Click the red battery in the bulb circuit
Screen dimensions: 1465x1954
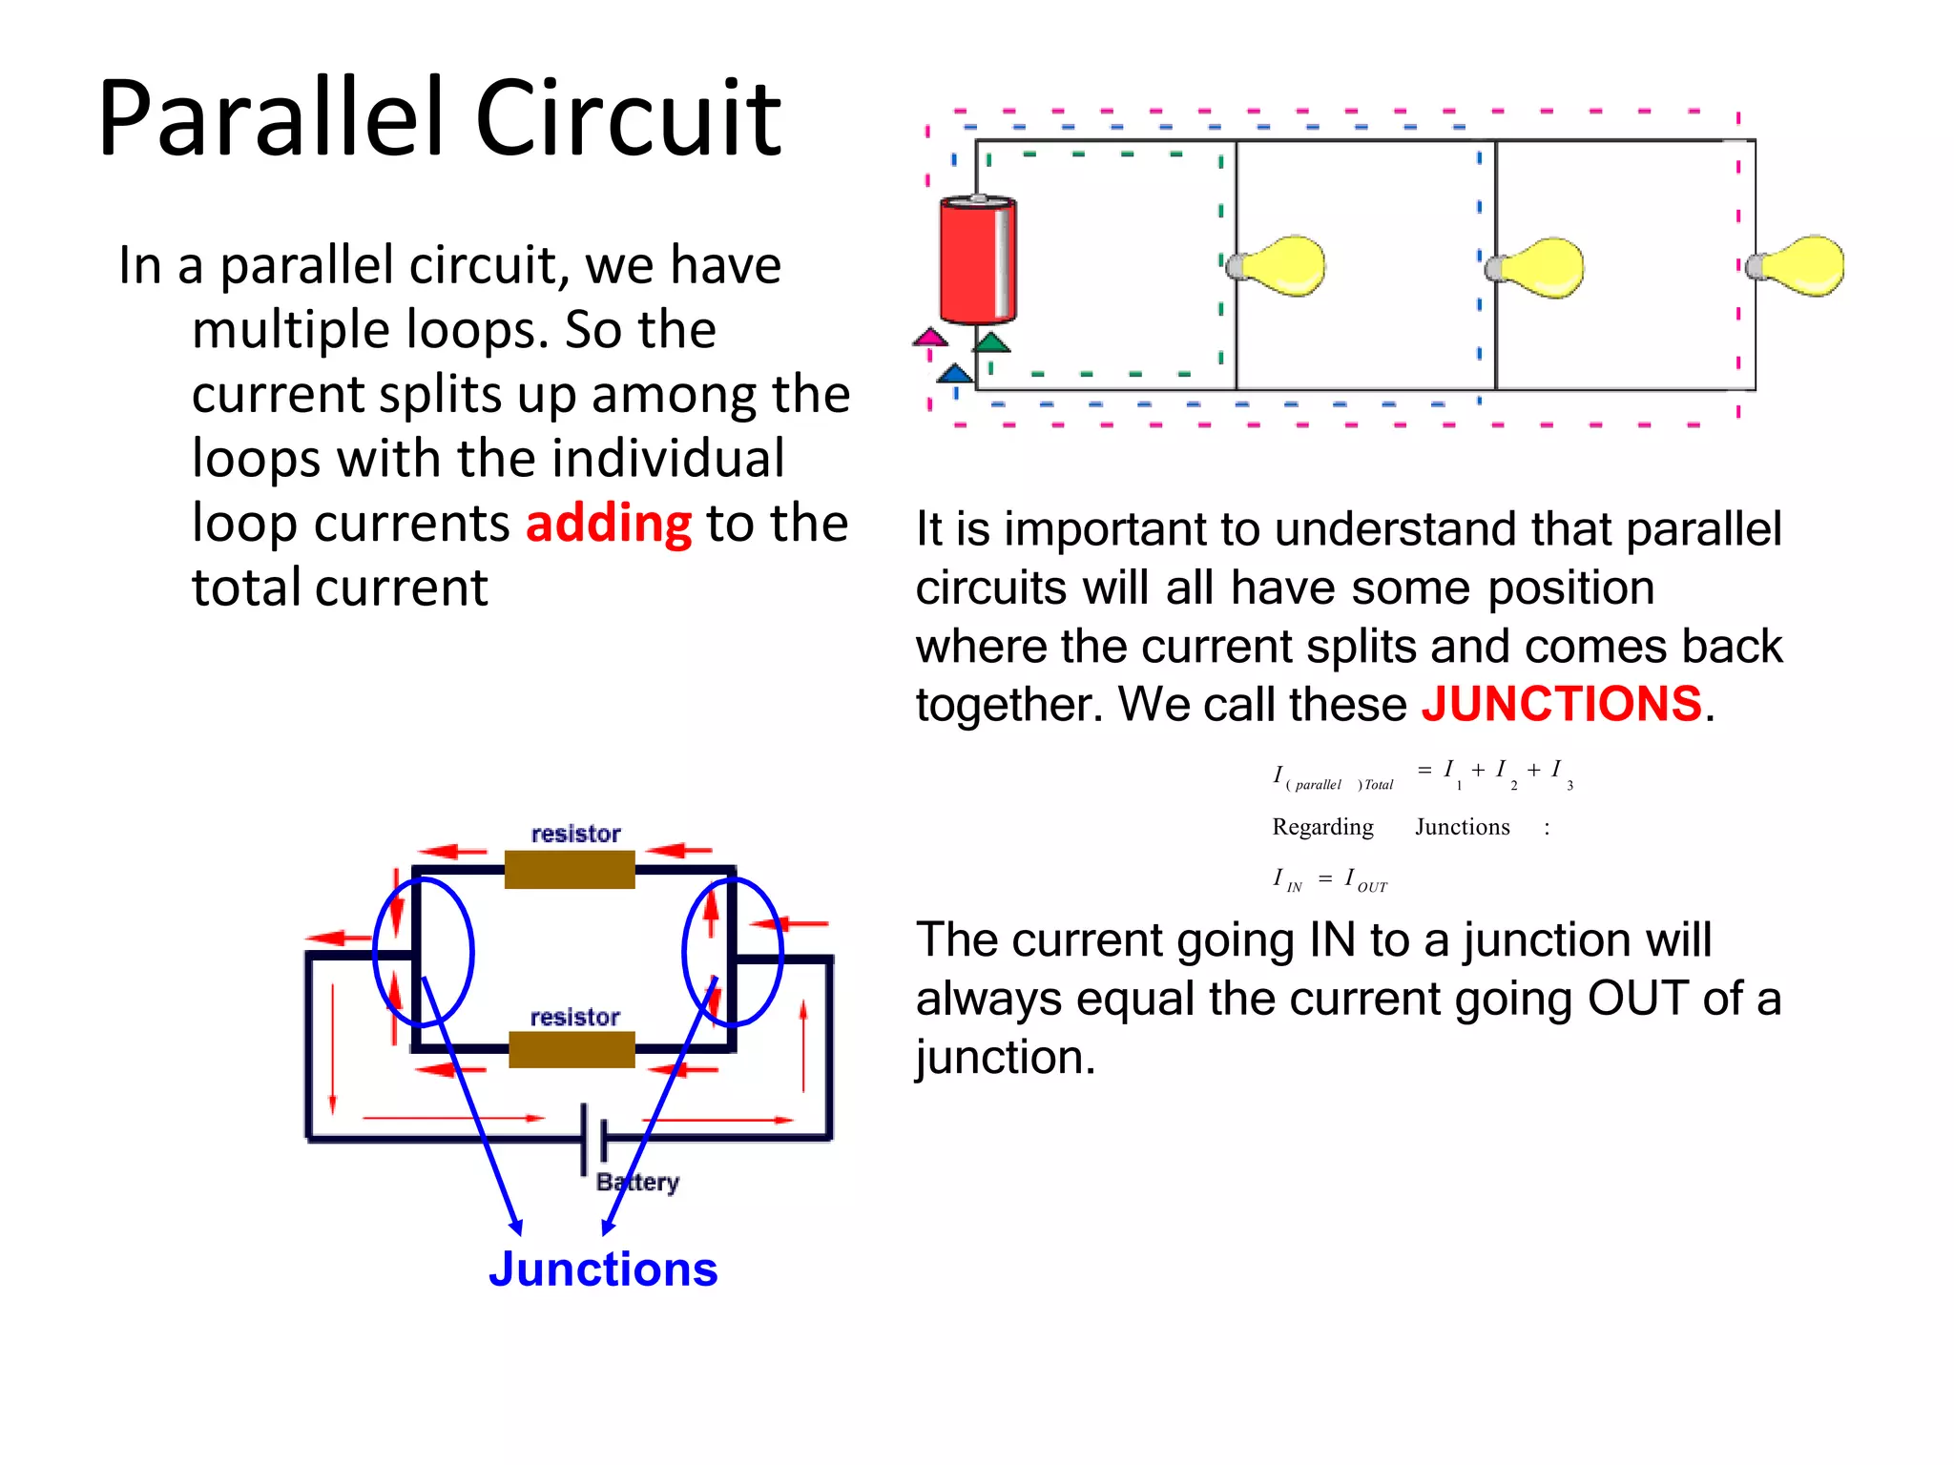[x=977, y=259]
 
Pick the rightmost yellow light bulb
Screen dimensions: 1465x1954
[x=1799, y=266]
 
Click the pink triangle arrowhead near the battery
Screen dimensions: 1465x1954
[x=929, y=338]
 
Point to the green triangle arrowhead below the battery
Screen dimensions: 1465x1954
[x=992, y=342]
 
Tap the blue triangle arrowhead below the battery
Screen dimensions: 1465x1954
[x=955, y=374]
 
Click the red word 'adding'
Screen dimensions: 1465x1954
[x=608, y=524]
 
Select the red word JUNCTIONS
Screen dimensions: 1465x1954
[x=1561, y=704]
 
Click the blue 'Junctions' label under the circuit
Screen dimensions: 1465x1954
[x=603, y=1269]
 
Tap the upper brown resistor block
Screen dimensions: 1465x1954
[x=570, y=870]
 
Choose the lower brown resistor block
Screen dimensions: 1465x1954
[x=572, y=1049]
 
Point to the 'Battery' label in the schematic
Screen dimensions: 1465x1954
[x=637, y=1183]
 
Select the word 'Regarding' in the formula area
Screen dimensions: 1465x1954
[x=1322, y=827]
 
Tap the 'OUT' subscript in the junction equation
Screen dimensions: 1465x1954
[x=1372, y=887]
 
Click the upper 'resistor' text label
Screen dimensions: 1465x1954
[x=575, y=834]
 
